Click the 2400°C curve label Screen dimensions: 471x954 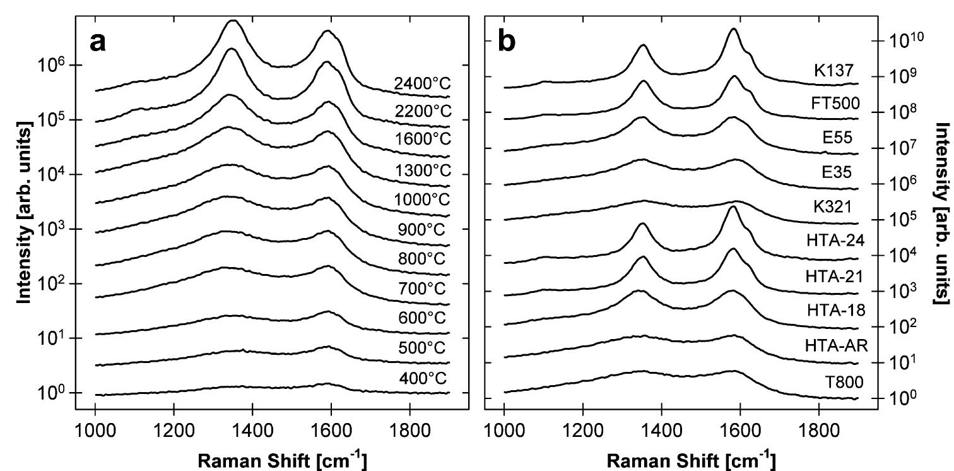pos(423,83)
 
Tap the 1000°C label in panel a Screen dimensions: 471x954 pos(423,200)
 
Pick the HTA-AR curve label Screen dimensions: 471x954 pos(836,345)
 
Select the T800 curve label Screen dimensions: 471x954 pos(842,381)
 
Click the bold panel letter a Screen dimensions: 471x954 pos(98,42)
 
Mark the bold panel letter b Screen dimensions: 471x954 pos(507,42)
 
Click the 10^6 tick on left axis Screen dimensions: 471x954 pos(56,65)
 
